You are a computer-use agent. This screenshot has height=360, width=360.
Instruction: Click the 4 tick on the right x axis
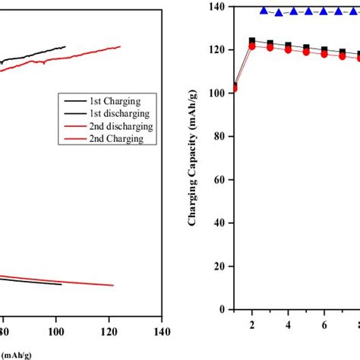[289, 324]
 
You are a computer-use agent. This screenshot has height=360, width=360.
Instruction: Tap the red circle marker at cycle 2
[252, 46]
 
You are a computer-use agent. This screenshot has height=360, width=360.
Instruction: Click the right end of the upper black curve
[65, 46]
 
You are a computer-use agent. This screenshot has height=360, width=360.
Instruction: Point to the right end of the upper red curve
[120, 46]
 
